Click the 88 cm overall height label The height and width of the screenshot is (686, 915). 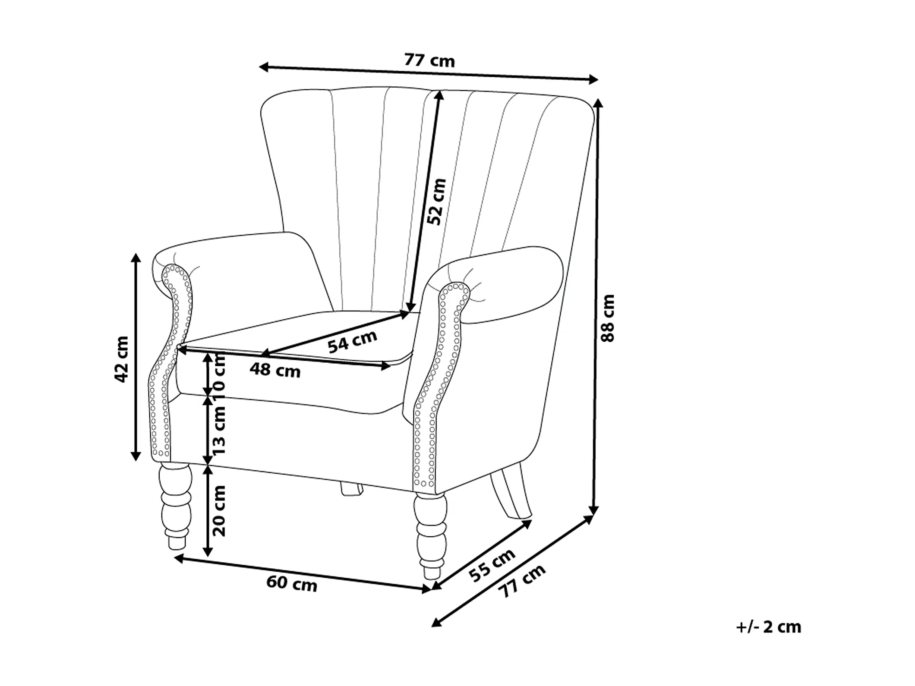pyautogui.click(x=608, y=318)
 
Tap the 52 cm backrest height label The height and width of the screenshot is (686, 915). pyautogui.click(x=436, y=201)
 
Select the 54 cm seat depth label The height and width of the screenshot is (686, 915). pyautogui.click(x=352, y=341)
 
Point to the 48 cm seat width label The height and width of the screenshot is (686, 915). pyautogui.click(x=275, y=370)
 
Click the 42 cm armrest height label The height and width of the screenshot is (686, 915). pyautogui.click(x=121, y=359)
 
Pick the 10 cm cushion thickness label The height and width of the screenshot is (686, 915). pyautogui.click(x=220, y=373)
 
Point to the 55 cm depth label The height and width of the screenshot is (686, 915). pyautogui.click(x=492, y=565)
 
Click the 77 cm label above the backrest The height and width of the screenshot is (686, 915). pyautogui.click(x=429, y=60)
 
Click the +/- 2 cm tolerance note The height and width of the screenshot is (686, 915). pyautogui.click(x=768, y=626)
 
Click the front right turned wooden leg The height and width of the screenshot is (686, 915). pyautogui.click(x=429, y=535)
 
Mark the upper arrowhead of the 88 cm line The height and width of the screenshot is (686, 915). pyautogui.click(x=598, y=104)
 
